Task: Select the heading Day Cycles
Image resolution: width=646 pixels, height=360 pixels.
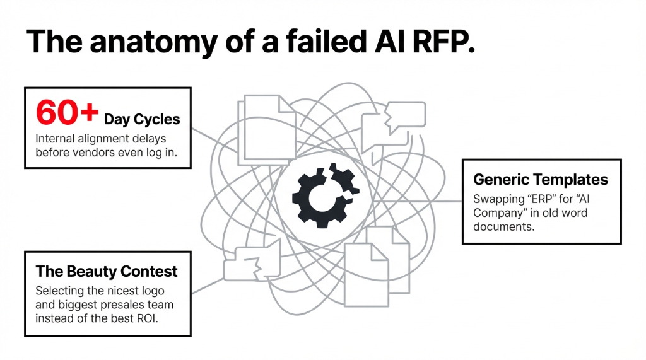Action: [x=142, y=119]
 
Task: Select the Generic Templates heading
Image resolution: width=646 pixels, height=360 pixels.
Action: [x=540, y=180]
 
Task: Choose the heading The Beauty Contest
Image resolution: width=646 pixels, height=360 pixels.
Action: [x=107, y=272]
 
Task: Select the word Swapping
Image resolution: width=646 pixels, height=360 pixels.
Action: [x=496, y=199]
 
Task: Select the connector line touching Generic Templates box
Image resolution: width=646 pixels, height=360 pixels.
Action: [x=442, y=202]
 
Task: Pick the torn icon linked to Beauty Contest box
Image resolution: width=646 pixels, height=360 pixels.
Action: [x=249, y=262]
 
